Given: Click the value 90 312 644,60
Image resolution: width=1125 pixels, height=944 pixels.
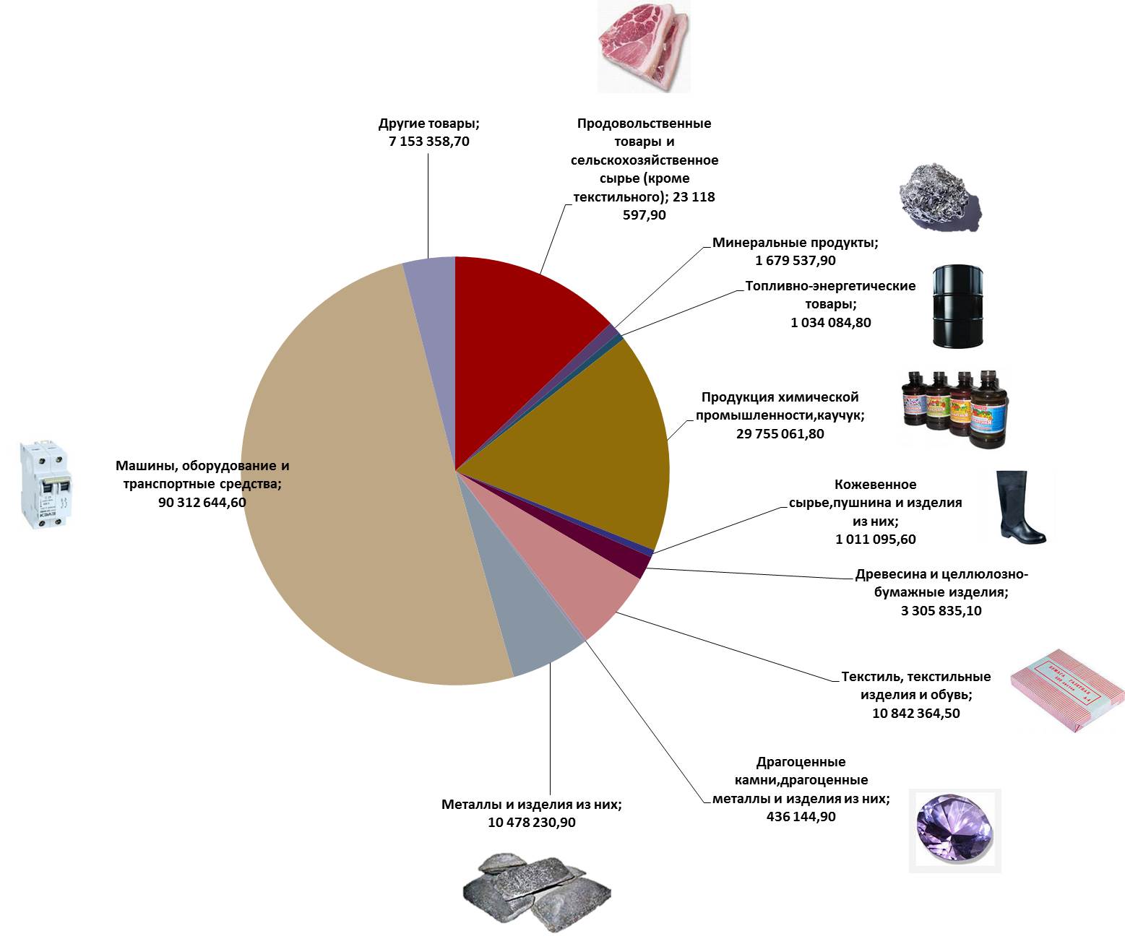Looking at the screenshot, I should [x=202, y=502].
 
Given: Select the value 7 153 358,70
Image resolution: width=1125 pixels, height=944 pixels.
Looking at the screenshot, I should [x=429, y=142].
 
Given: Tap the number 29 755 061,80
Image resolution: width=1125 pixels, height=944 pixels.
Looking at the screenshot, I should [x=780, y=434].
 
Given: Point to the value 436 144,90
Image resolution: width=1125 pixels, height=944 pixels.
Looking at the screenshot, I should [x=801, y=816].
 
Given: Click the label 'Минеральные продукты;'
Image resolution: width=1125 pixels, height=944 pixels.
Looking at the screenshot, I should [x=796, y=243].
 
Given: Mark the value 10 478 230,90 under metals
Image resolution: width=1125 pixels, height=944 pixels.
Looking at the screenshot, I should [x=532, y=822].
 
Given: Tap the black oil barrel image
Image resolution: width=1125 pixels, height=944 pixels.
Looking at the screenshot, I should [x=957, y=305].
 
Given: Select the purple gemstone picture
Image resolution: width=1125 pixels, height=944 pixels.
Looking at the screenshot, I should [x=954, y=830].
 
